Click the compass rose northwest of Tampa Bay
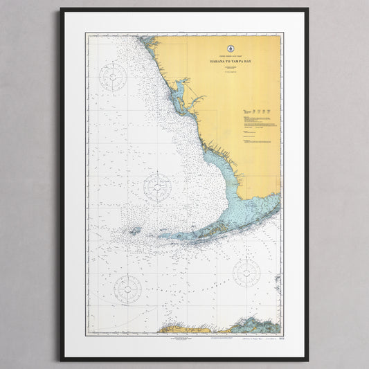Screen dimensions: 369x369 click(x=112, y=77)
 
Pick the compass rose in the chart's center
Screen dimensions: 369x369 click(x=157, y=187)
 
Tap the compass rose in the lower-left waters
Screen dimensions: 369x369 click(x=127, y=287)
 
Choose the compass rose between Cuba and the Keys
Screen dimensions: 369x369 click(x=246, y=273)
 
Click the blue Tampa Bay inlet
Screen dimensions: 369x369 click(x=179, y=89)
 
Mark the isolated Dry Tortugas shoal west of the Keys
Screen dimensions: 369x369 click(x=133, y=231)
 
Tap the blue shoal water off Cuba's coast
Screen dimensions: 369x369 click(x=249, y=323)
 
